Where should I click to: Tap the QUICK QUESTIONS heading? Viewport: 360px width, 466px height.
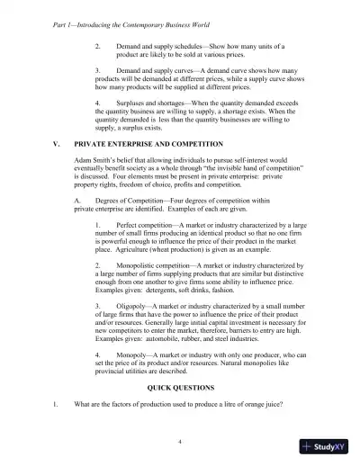(179, 388)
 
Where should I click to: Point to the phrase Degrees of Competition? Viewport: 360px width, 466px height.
(123, 198)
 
